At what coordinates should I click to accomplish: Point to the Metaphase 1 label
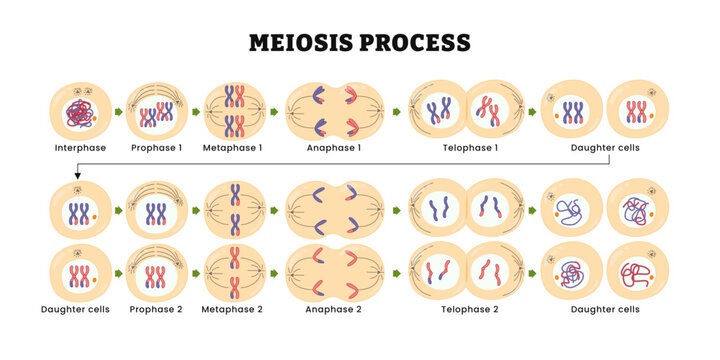click(x=235, y=147)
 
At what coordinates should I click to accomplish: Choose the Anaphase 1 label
click(x=336, y=147)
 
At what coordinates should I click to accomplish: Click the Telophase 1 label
click(x=469, y=147)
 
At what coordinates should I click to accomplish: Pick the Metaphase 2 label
click(x=235, y=310)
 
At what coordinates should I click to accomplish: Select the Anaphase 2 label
click(x=336, y=310)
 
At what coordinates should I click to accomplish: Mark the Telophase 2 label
click(x=469, y=310)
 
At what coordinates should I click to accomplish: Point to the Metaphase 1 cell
click(x=235, y=110)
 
